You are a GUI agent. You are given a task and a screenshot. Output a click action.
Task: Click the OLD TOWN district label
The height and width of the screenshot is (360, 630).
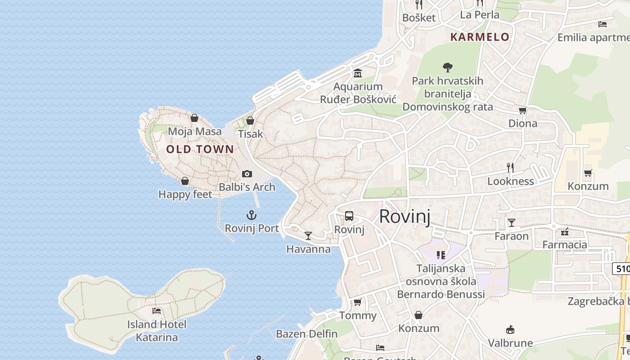click(x=200, y=149)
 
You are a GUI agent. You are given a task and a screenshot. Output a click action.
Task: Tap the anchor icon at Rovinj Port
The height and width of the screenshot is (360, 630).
click(x=252, y=215)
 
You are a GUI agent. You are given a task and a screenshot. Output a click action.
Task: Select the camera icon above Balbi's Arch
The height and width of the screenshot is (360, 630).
click(x=247, y=174)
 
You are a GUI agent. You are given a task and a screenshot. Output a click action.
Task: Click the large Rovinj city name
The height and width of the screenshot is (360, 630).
click(x=405, y=216)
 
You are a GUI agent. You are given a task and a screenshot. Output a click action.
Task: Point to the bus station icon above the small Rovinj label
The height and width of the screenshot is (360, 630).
click(x=349, y=216)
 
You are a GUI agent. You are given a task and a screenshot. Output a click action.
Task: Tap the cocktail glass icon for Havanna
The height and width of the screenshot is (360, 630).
click(x=308, y=235)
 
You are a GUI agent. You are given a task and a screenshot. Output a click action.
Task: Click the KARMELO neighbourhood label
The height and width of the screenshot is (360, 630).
click(x=480, y=37)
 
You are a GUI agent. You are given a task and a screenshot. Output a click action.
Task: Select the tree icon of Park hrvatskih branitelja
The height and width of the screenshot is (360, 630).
click(x=447, y=67)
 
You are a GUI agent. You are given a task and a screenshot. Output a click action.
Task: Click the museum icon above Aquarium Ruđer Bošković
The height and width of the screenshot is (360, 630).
click(x=358, y=73)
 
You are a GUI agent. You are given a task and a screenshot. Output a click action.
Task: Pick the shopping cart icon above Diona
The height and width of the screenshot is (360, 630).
click(x=522, y=110)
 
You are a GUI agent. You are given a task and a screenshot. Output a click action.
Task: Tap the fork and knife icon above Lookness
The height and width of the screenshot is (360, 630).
click(x=510, y=168)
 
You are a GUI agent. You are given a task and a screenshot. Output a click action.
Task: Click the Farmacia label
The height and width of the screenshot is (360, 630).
click(x=564, y=245)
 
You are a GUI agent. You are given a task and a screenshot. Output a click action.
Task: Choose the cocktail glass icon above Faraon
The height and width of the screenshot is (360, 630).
click(x=512, y=222)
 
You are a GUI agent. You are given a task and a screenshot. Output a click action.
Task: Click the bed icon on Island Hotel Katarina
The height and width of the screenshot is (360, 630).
click(x=157, y=310)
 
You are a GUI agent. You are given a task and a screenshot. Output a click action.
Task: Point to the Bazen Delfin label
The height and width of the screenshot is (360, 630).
click(x=306, y=334)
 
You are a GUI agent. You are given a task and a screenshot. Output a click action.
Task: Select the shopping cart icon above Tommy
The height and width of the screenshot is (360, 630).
click(x=358, y=302)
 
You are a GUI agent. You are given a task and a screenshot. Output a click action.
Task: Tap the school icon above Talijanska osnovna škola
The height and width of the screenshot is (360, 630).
click(x=441, y=255)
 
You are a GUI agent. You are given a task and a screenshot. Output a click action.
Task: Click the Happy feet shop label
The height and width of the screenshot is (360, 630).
click(x=185, y=194)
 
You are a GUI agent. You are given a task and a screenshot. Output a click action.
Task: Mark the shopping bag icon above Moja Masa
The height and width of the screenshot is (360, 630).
click(x=194, y=118)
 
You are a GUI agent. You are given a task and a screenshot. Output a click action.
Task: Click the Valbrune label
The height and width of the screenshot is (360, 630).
click(x=510, y=343)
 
